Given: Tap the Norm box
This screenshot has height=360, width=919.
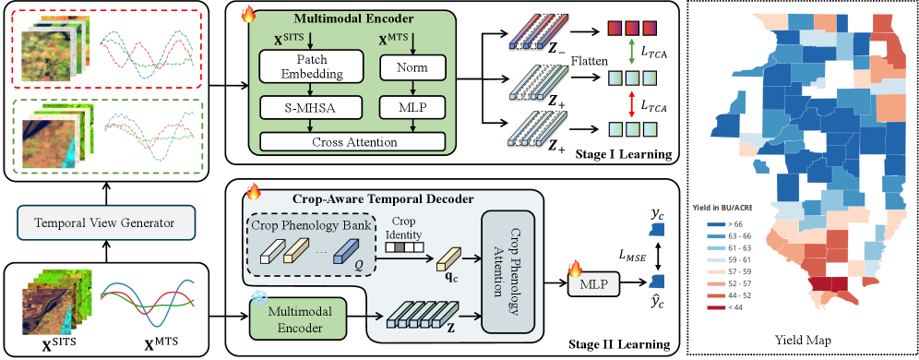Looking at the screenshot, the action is (x=412, y=68).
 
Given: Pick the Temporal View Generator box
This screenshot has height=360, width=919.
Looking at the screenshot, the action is (x=106, y=222).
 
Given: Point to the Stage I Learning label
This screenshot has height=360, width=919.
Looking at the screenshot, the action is (x=623, y=155).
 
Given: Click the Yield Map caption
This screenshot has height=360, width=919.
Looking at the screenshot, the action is (x=799, y=340).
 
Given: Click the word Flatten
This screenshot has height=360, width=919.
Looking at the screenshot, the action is (x=589, y=61).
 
